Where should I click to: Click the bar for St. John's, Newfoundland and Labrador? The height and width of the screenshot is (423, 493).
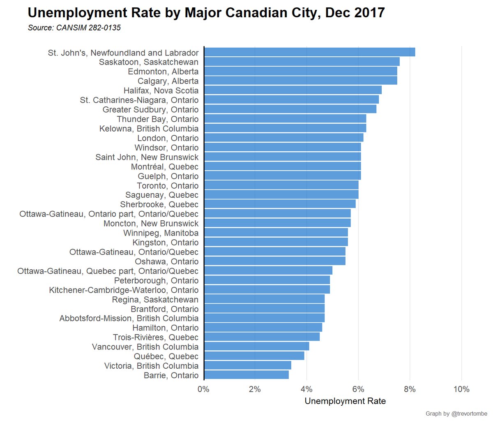tap(309, 52)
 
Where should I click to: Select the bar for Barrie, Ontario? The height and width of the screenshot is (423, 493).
tap(246, 375)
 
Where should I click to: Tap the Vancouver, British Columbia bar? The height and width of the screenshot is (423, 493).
tap(256, 347)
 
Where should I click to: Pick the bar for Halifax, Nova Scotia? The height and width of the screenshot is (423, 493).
tap(293, 90)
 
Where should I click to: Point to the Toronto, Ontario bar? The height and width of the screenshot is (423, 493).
tap(281, 185)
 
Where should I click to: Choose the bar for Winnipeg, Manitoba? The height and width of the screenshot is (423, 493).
tap(276, 233)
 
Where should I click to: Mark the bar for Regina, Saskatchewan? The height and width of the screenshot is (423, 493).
tap(264, 299)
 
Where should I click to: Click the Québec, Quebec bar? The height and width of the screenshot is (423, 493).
tap(254, 356)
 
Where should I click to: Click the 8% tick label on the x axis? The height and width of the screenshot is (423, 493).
tap(410, 389)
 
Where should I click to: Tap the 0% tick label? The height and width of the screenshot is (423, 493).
tap(203, 389)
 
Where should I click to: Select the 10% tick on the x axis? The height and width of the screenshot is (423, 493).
tap(461, 389)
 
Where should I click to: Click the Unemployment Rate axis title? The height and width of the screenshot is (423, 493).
tap(345, 401)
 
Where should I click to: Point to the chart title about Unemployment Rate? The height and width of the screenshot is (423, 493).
tap(206, 13)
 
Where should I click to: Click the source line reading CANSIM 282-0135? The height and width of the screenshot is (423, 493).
tap(74, 28)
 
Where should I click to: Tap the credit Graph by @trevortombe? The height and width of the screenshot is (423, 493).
tap(456, 414)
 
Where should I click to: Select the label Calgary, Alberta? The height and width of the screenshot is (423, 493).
tap(168, 81)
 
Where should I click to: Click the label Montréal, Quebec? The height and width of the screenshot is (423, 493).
tap(165, 166)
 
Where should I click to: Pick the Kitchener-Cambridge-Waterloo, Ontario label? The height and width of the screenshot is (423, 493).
tap(124, 290)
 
